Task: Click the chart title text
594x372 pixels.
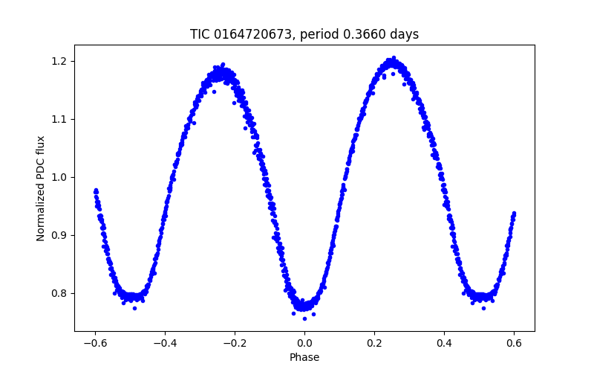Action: [x=304, y=34]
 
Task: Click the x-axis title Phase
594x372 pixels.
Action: [x=304, y=357]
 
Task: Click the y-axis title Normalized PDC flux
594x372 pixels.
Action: [x=41, y=188]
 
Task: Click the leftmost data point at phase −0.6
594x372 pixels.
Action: [x=95, y=191]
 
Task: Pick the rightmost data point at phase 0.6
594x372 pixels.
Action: [x=514, y=214]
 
